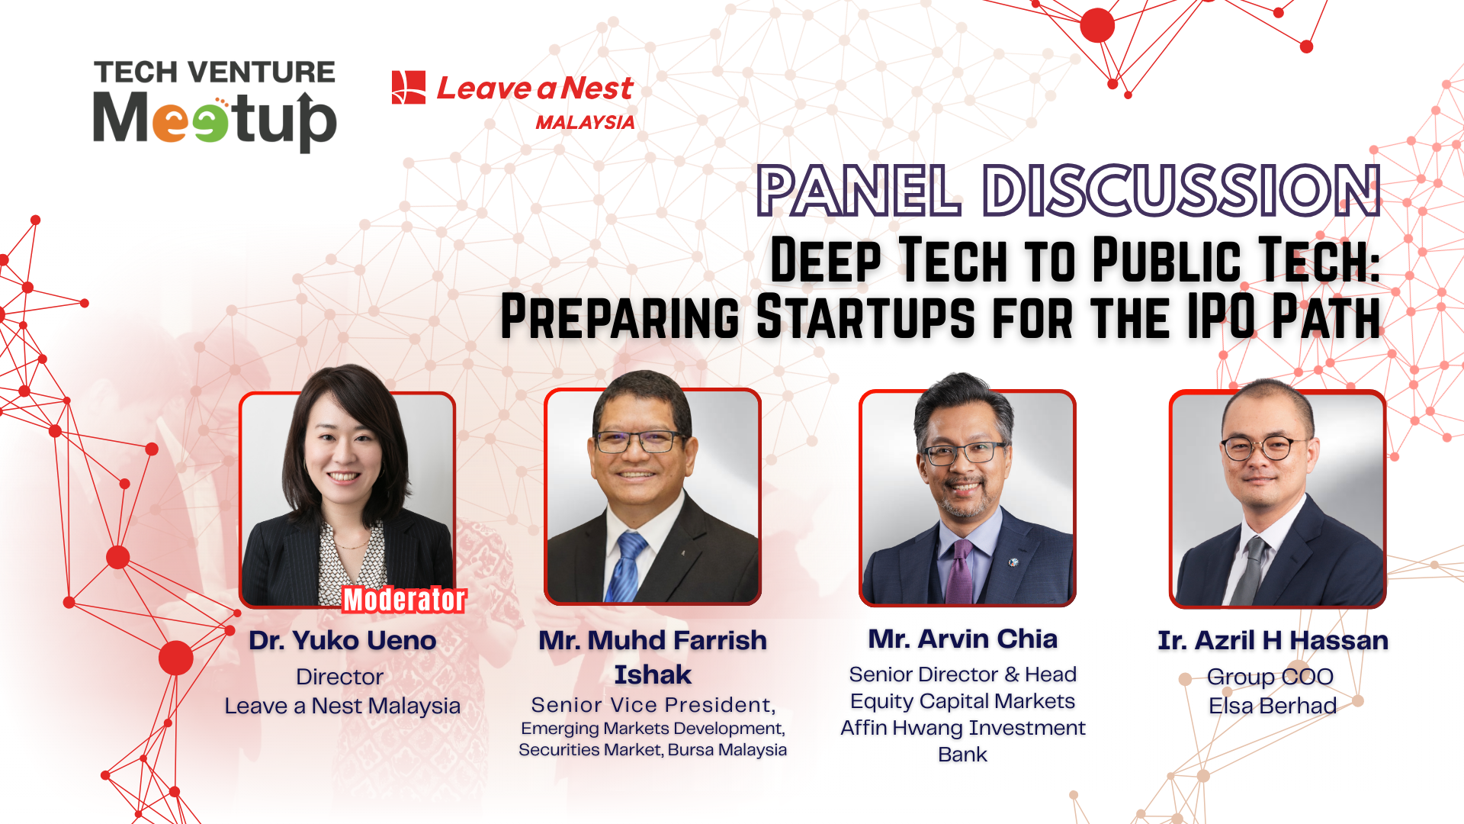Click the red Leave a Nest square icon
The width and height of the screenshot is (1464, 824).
(x=408, y=88)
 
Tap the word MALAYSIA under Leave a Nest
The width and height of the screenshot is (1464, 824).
(x=585, y=123)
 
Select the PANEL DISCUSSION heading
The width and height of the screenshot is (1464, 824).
(x=1067, y=191)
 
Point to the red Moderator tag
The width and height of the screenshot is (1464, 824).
(x=403, y=600)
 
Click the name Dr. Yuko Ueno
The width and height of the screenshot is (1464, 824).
(x=342, y=640)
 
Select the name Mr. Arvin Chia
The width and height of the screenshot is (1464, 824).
(x=962, y=639)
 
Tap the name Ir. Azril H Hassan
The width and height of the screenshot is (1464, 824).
(x=1273, y=640)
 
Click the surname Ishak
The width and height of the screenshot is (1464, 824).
(x=653, y=674)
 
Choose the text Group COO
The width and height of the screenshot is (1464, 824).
(x=1270, y=677)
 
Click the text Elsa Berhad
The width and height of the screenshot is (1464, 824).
(x=1272, y=706)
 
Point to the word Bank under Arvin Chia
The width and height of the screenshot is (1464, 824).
(x=962, y=755)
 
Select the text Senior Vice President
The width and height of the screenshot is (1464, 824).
(x=653, y=704)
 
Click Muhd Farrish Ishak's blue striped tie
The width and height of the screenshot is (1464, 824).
(x=627, y=568)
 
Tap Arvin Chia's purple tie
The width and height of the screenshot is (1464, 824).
(x=959, y=572)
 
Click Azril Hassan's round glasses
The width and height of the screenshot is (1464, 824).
(x=1266, y=447)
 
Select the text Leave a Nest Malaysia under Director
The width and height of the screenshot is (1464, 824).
(x=342, y=706)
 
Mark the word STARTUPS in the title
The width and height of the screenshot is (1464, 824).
(x=865, y=317)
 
